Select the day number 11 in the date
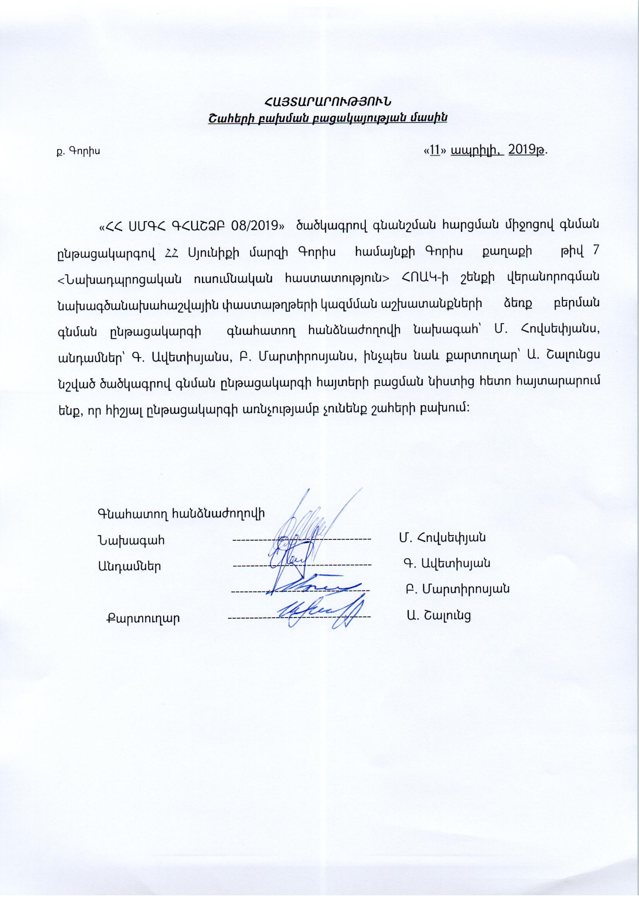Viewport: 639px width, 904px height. tap(435, 150)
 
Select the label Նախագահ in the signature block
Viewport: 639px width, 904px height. tap(131, 540)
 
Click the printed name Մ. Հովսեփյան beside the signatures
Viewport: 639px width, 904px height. tap(442, 537)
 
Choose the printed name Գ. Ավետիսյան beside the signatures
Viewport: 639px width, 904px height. tap(446, 563)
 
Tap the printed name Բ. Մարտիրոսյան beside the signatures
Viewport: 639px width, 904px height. tap(458, 589)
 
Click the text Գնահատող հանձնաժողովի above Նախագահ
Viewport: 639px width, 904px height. tap(181, 513)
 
